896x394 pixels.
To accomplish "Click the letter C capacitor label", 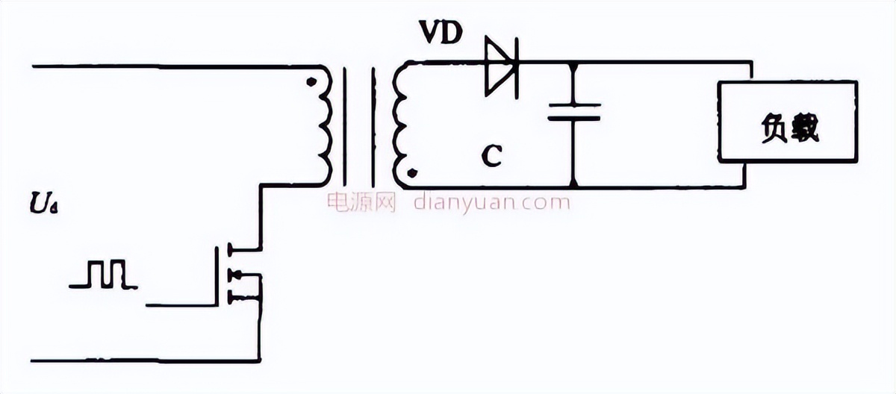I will (x=491, y=155).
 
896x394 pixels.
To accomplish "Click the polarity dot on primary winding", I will (x=310, y=81).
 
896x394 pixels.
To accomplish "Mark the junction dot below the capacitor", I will (x=573, y=185).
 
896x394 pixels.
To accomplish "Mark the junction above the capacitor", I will (x=573, y=63).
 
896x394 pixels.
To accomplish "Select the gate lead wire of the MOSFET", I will (x=183, y=305).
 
